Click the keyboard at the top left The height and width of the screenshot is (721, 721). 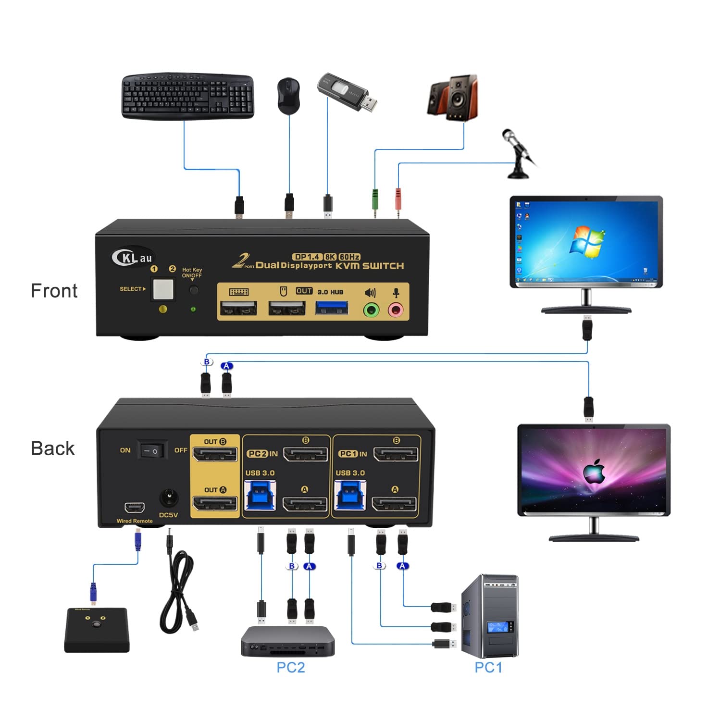[x=187, y=96]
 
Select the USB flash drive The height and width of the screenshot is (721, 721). [x=346, y=92]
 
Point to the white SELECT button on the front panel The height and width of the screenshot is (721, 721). [x=163, y=289]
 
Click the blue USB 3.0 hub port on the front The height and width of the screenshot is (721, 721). [x=332, y=308]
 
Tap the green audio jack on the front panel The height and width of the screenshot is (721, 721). [x=371, y=310]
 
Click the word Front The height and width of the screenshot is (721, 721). [x=54, y=291]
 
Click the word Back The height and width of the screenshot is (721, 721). [x=53, y=448]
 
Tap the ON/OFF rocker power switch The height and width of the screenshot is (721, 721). [x=152, y=451]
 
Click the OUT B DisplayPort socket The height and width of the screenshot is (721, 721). [x=214, y=454]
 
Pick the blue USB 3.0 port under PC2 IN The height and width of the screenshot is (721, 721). [x=260, y=495]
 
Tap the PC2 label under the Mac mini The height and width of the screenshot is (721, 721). [x=290, y=667]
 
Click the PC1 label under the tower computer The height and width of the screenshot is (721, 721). [x=488, y=667]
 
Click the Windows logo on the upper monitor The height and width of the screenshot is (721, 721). [x=586, y=240]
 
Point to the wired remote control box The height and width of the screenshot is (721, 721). [x=97, y=630]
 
